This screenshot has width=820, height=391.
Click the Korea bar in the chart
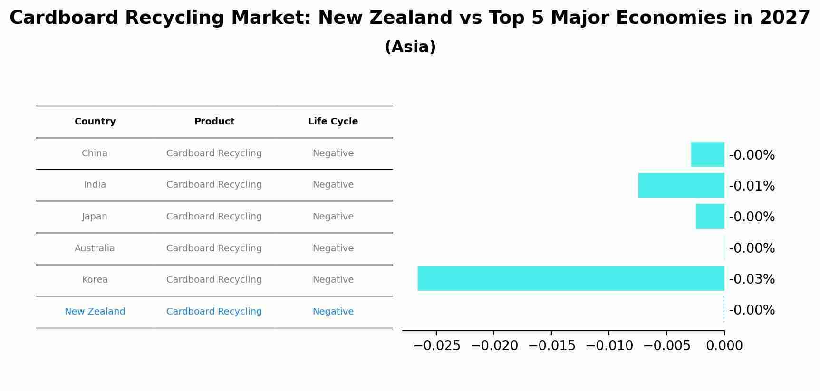pos(570,278)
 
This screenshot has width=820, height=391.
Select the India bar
pos(681,185)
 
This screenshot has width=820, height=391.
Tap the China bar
pos(707,154)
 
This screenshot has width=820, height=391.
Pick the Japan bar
pos(710,216)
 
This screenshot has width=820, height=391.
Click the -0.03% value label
pos(752,279)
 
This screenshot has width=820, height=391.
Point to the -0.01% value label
pos(752,186)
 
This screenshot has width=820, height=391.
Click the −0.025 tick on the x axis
pos(437,346)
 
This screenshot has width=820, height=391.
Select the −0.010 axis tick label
pos(609,346)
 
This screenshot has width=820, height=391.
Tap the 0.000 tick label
pos(724,346)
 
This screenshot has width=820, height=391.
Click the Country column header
pos(95,122)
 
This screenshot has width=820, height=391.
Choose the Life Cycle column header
pos(333,122)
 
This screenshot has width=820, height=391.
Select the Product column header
pos(214,122)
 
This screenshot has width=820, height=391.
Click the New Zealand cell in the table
pos(95,312)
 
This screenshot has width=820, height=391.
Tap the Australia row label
pos(95,248)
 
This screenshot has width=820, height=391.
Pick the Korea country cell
pos(95,280)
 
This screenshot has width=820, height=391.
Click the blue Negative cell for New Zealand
pos(333,312)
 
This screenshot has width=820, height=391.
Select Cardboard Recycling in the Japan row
pos(214,217)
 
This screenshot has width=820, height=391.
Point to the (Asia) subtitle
pos(410,47)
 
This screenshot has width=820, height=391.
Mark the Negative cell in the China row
pos(333,153)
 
